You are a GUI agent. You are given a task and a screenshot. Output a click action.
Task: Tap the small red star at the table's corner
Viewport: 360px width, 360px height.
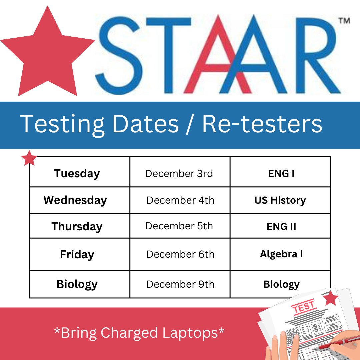29,158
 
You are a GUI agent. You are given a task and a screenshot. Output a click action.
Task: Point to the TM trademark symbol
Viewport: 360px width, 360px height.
344,21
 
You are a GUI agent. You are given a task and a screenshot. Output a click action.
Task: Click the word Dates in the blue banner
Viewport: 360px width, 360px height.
146,124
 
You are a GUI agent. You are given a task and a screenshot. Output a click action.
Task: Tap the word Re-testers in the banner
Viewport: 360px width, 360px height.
262,124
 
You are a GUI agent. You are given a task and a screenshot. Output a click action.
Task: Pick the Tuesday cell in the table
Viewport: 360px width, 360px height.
77,174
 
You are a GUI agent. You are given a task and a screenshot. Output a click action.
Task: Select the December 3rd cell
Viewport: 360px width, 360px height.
179,174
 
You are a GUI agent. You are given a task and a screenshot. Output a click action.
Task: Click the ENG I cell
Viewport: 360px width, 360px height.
281,174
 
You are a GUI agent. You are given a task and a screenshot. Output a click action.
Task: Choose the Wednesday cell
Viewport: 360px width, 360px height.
75,200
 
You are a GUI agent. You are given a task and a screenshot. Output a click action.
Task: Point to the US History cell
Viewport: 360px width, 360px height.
280,200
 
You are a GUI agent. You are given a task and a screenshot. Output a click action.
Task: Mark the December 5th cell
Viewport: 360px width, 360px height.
179,226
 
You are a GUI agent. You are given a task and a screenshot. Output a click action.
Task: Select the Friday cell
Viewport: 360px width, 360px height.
77,255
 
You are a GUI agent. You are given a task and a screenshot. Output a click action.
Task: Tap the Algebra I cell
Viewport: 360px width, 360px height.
281,254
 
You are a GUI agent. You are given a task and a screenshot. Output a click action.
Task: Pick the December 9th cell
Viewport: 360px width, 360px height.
180,284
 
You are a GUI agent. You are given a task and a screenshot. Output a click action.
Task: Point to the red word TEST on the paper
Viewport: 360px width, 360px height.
303,307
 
